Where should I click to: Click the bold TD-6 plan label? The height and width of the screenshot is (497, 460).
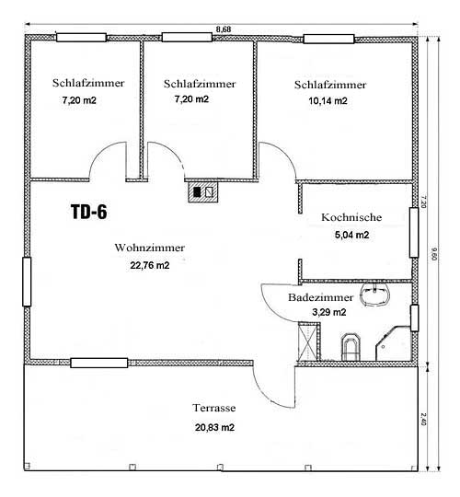[x=88, y=212]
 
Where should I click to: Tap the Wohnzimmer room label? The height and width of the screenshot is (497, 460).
[x=150, y=248]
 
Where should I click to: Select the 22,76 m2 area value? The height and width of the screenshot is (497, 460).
[x=150, y=265]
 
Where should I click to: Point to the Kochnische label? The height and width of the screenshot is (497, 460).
[x=351, y=217]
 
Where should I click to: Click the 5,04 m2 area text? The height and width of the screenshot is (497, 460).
[x=351, y=235]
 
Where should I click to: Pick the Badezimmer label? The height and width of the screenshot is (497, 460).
[x=320, y=297]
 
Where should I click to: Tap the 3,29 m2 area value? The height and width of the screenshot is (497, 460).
[x=328, y=312]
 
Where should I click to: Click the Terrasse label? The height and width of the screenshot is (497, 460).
[x=214, y=408]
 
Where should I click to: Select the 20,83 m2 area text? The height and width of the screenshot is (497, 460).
[x=214, y=428]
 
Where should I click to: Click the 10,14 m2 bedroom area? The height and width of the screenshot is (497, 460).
[x=328, y=101]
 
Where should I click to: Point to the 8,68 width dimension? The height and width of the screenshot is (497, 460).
[x=224, y=29]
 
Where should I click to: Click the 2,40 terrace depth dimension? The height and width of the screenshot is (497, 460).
[x=424, y=419]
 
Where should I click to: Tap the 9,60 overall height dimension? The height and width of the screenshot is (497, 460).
[x=434, y=254]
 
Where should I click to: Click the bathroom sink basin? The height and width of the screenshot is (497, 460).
[x=374, y=295]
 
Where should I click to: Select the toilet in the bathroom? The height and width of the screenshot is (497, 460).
[x=351, y=347]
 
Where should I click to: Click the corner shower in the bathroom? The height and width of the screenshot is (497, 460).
[x=393, y=343]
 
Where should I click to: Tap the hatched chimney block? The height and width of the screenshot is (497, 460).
[x=203, y=192]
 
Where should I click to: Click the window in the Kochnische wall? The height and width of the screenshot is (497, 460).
[x=414, y=232]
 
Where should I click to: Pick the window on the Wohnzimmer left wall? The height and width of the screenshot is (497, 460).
[x=27, y=282]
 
